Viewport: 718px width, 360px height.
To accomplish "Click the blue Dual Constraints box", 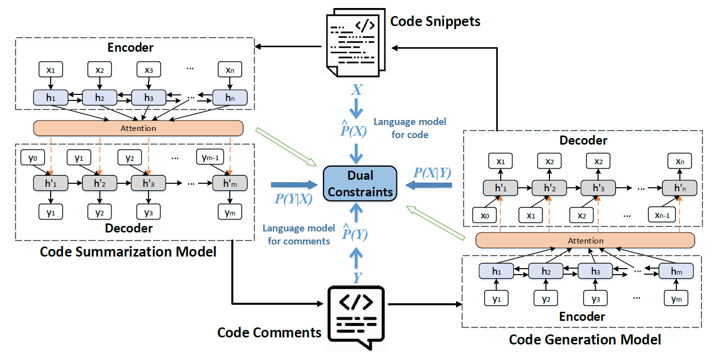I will coord(360,183).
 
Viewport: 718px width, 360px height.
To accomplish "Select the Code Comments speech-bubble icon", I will coord(356,315).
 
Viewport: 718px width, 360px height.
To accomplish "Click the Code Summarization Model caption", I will coord(128,251).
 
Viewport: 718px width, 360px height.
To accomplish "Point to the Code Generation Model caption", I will coord(585,339).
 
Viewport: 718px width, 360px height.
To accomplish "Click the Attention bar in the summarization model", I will coord(138,129).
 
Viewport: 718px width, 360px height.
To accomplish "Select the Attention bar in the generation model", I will coord(585,241).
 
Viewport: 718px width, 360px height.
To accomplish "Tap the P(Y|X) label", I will coord(294,199).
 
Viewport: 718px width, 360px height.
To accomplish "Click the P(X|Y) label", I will coord(432,173).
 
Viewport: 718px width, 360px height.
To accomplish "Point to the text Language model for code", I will coord(409,128).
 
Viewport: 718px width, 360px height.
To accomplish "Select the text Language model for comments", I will coord(299,234).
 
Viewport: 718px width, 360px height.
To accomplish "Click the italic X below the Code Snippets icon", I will coord(356,90).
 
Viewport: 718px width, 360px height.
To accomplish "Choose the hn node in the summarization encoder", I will coord(230,98).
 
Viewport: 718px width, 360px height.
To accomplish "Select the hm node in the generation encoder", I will coord(675,271).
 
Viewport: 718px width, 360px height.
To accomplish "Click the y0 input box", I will coord(33,158).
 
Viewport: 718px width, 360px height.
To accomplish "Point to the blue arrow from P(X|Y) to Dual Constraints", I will coord(429,186).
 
